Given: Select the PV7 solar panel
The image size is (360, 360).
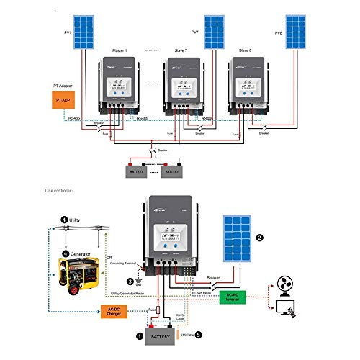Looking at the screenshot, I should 214,29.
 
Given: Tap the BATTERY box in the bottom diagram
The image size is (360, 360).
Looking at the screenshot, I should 163,336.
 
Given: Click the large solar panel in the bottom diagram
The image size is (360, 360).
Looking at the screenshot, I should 240,240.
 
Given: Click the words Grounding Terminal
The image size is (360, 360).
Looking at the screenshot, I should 124,264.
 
